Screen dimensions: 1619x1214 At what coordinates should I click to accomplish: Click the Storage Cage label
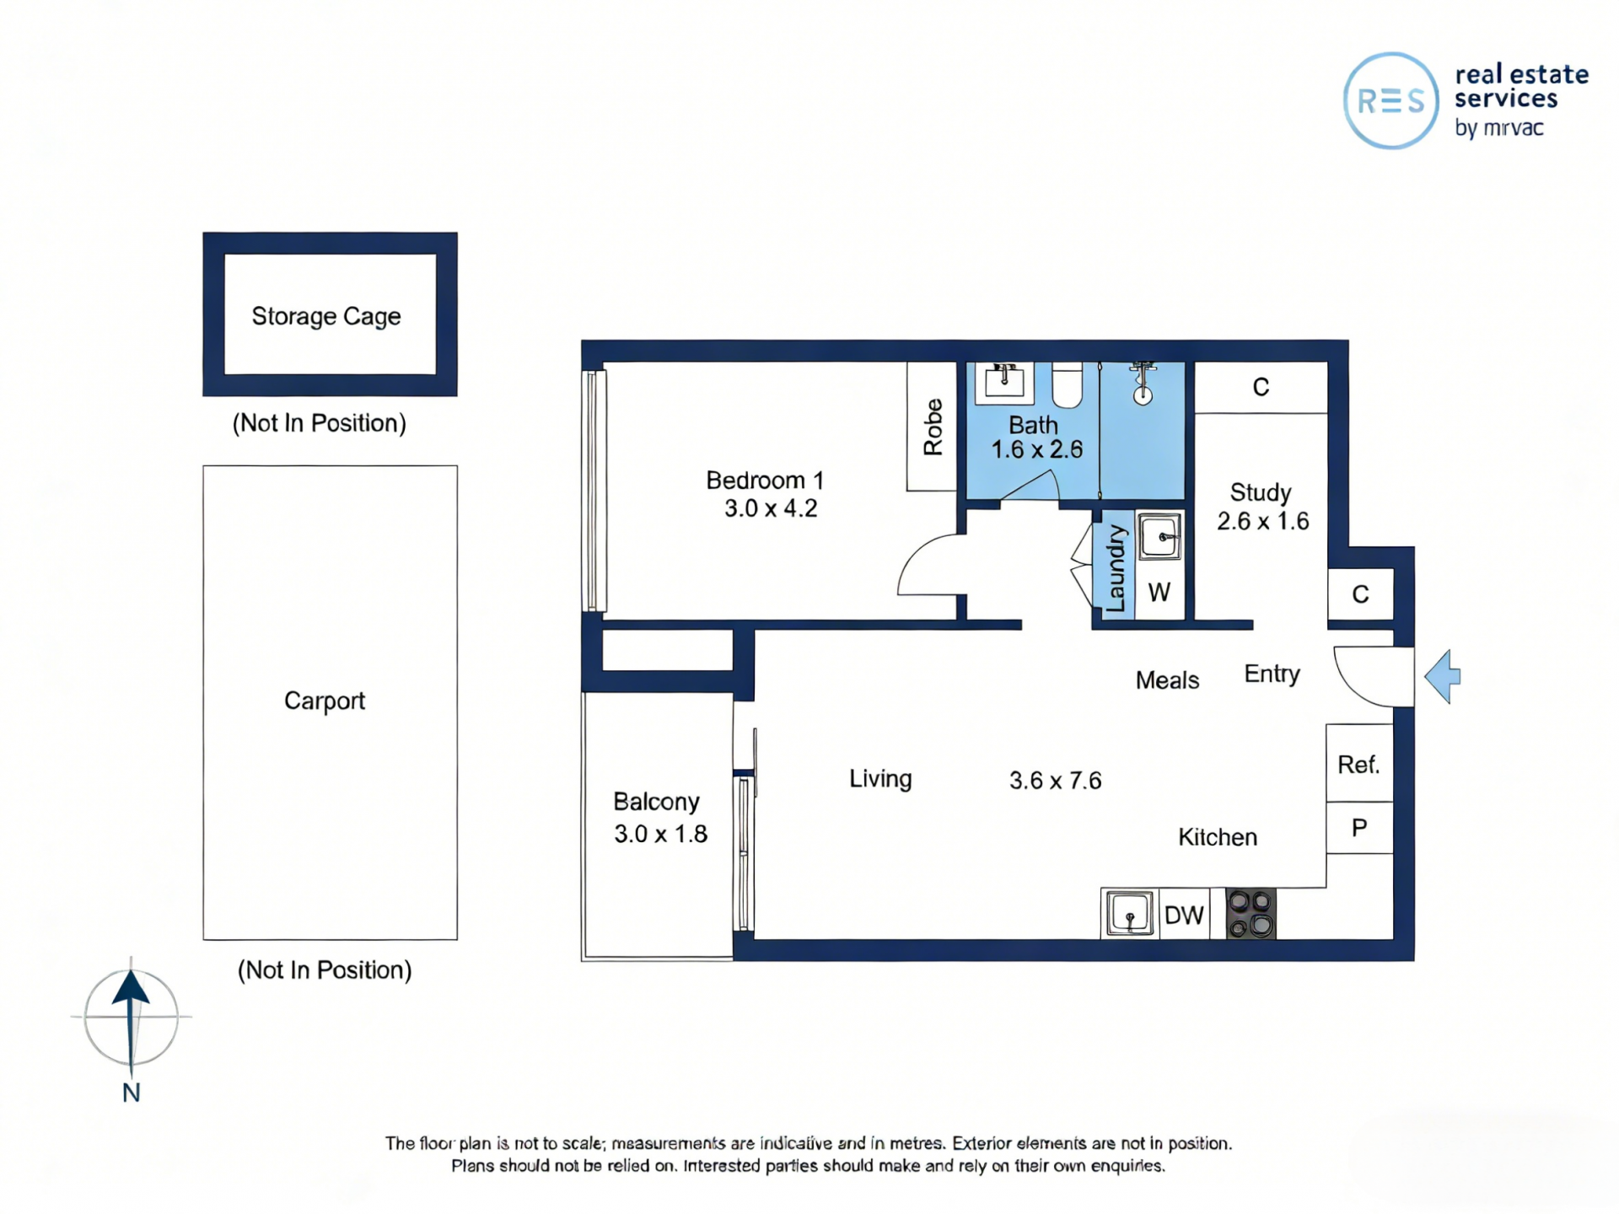(x=326, y=316)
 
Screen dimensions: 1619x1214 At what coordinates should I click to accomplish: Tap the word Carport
(x=325, y=701)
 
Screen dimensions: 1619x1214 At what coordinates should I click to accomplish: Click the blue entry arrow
(x=1443, y=676)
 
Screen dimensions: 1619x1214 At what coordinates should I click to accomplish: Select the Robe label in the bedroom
(x=933, y=427)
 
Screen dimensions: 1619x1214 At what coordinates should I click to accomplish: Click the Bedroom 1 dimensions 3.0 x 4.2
(x=771, y=508)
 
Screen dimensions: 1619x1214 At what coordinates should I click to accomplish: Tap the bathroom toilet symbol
(x=1068, y=385)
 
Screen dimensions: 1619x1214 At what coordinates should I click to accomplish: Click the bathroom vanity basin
(x=1004, y=382)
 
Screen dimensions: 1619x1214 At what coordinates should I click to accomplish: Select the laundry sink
(x=1160, y=536)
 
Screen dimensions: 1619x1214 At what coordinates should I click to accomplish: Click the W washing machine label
(x=1159, y=593)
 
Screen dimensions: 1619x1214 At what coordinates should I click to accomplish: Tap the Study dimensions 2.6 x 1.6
(x=1262, y=521)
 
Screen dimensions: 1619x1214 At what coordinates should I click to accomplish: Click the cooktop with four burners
(x=1251, y=915)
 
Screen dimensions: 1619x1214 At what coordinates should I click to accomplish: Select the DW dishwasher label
(x=1184, y=916)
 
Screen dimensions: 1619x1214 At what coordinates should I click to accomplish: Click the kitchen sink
(x=1130, y=914)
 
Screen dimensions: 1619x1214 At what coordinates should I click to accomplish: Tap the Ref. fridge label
(x=1358, y=765)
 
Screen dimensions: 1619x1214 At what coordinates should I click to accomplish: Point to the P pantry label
(x=1359, y=828)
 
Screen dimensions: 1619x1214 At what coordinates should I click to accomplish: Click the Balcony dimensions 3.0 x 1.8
(x=660, y=834)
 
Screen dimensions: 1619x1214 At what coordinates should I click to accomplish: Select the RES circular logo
(x=1390, y=101)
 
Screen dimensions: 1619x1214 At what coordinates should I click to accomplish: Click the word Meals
(x=1167, y=680)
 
